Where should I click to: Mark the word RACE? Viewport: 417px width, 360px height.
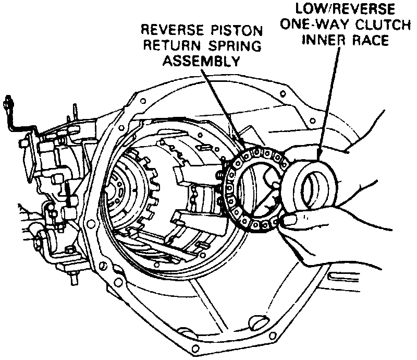(x=368, y=41)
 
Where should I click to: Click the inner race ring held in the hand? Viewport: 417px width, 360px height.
(x=313, y=185)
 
